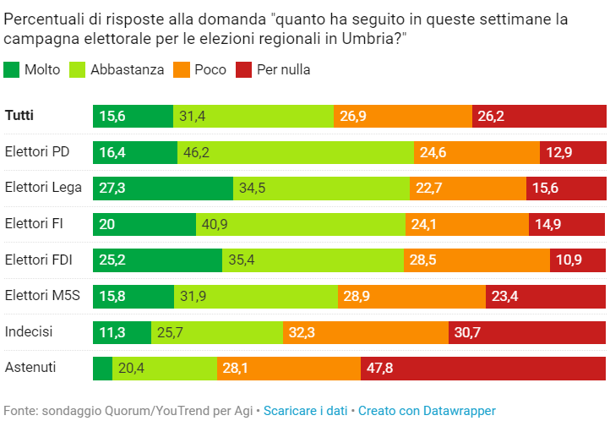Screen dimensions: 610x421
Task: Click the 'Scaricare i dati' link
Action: [x=305, y=411]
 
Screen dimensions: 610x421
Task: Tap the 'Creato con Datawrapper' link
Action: [x=427, y=411]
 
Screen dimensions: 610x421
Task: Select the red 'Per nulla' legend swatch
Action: [x=243, y=69]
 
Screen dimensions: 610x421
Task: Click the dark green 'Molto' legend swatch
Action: [x=11, y=69]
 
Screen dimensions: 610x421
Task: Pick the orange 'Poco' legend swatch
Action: [x=182, y=69]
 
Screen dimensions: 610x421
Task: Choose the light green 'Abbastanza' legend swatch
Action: [x=77, y=69]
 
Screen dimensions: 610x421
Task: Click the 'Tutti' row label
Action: [x=19, y=116]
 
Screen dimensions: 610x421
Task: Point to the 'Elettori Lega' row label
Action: [x=43, y=188]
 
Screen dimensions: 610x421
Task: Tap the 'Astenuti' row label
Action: [x=30, y=367]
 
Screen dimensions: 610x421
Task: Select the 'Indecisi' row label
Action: [x=29, y=332]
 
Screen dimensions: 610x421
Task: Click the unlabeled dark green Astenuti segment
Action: [x=103, y=369]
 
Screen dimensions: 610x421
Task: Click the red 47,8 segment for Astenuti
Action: [x=483, y=369]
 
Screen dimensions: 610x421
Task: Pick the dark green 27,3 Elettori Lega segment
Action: [x=163, y=189]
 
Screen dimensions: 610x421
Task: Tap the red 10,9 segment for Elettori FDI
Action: [x=578, y=260]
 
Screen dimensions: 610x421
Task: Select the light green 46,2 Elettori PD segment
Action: [x=296, y=152]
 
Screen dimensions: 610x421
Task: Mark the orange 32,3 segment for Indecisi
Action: [x=366, y=333]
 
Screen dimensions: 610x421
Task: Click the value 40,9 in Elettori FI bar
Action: [x=215, y=225]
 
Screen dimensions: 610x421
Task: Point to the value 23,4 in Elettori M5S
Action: [x=504, y=297]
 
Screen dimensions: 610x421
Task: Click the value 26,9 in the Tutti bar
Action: [x=353, y=117]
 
